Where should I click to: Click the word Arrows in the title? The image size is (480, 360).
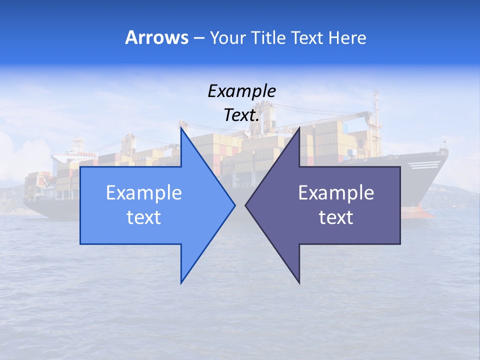[x=156, y=38]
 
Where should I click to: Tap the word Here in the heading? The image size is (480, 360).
[x=347, y=38]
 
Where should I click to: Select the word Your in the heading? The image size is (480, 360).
[x=227, y=38]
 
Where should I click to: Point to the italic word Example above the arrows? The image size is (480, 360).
[x=241, y=91]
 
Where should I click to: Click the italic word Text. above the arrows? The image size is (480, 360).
[x=241, y=115]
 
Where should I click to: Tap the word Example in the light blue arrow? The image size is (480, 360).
[x=144, y=192]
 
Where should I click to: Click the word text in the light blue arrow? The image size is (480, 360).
[x=144, y=217]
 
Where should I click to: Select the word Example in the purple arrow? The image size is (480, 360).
[x=336, y=192]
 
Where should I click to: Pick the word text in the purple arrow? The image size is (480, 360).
[x=336, y=217]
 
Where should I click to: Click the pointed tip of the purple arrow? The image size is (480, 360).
[x=246, y=205]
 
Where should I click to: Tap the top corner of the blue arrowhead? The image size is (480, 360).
[x=181, y=128]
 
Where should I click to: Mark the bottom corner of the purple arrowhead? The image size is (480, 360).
[x=299, y=282]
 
